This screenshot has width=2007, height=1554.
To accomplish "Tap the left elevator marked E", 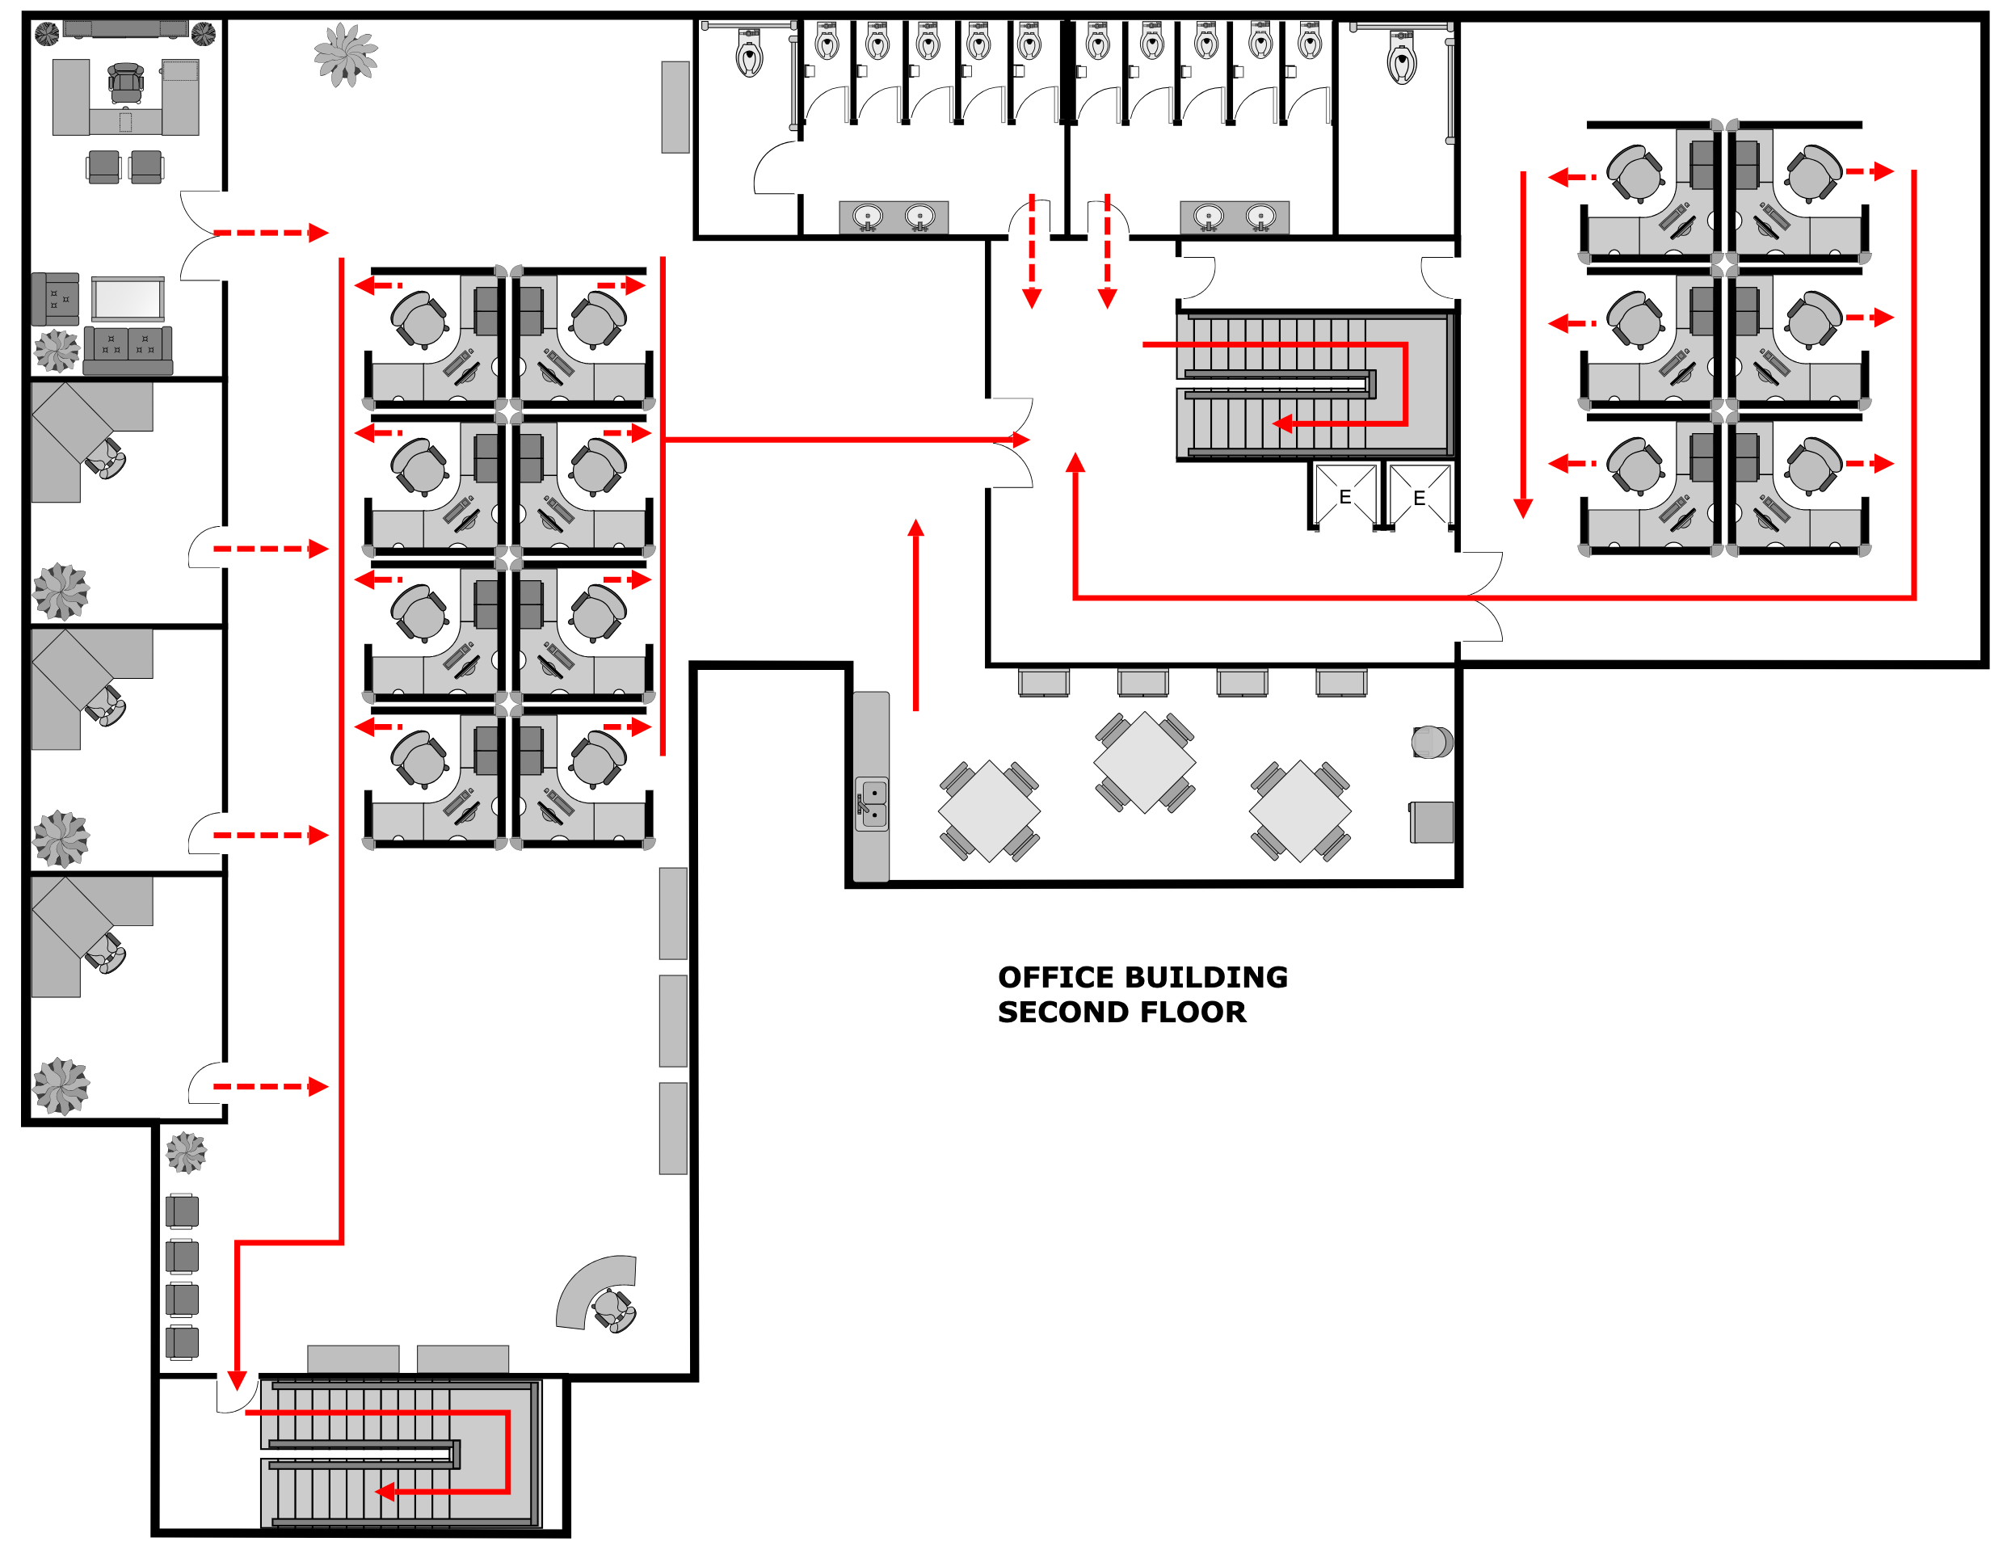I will [1344, 497].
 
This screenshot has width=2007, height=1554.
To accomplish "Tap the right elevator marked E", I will [1419, 498].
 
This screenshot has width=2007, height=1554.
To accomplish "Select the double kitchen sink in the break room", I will [872, 804].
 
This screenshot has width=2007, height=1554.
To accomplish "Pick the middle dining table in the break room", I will [1144, 762].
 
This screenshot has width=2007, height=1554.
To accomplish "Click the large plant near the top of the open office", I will [346, 55].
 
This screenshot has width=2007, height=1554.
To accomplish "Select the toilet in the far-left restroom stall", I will [749, 53].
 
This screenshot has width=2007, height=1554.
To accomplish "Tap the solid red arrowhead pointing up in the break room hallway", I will [915, 528].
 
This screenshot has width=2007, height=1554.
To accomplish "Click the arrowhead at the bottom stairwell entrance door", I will [237, 1380].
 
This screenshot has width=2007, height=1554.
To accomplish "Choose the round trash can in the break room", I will [1431, 742].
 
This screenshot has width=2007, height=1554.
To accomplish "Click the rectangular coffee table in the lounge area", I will [128, 299].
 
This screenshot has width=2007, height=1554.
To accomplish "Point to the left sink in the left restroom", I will [868, 217].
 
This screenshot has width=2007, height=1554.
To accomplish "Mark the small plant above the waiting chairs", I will [186, 1152].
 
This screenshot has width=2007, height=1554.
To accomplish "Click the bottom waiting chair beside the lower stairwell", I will [182, 1342].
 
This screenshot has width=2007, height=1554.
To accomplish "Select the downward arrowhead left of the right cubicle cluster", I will [1523, 508].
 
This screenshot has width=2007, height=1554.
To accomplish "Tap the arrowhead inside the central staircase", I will [1283, 423].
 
